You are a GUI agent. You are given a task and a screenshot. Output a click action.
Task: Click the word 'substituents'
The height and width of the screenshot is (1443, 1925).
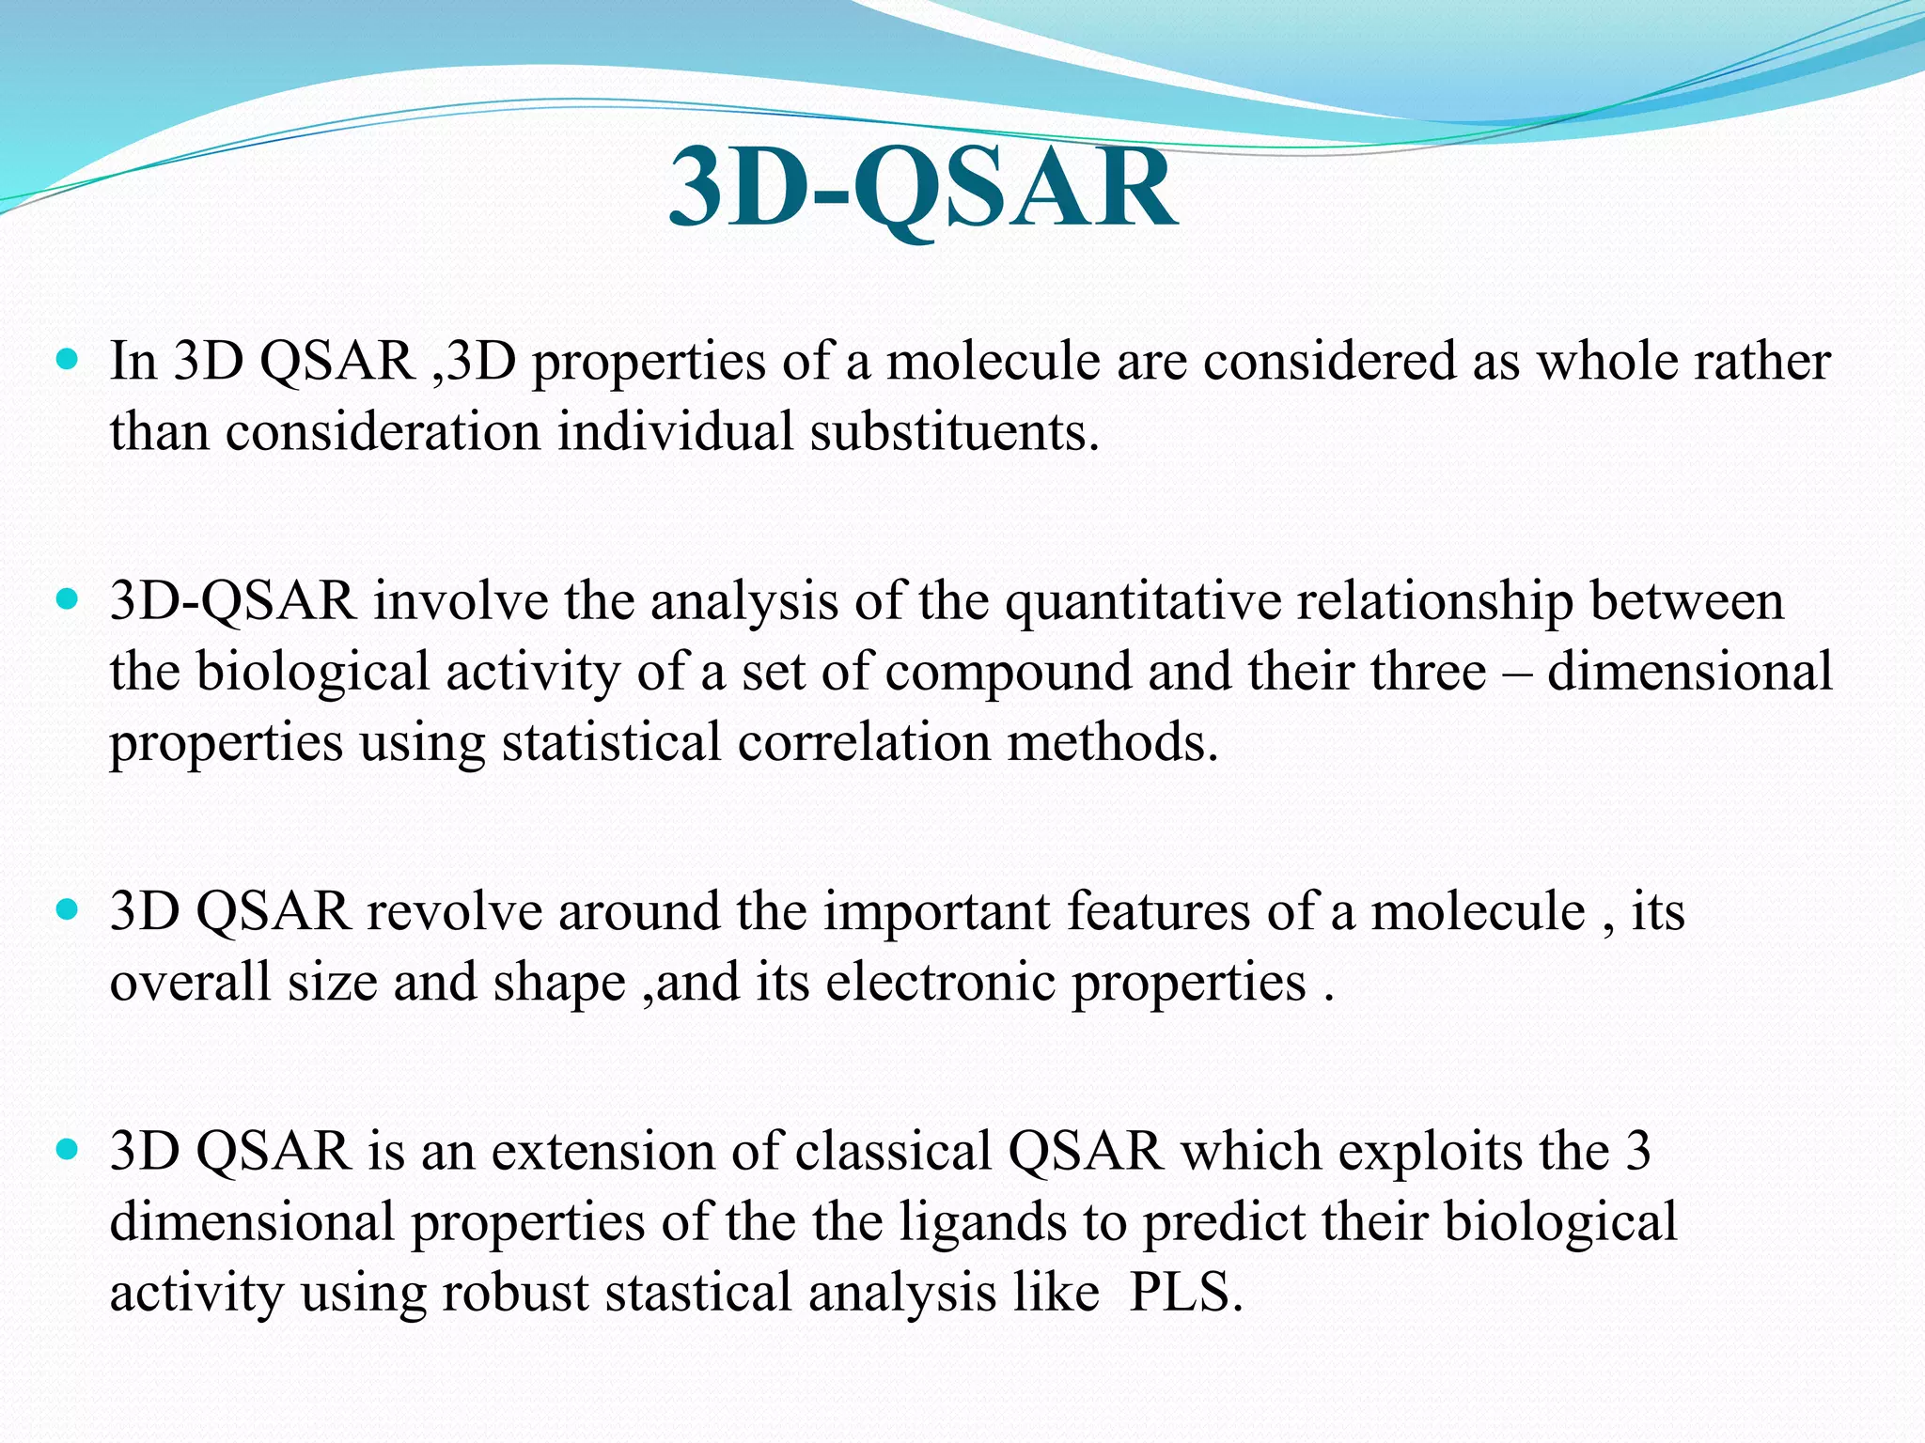coord(953,432)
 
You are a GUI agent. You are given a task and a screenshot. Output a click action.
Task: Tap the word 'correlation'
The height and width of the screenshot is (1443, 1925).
coord(864,742)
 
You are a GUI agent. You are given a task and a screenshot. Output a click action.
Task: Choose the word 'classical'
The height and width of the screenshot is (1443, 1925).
coord(893,1152)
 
